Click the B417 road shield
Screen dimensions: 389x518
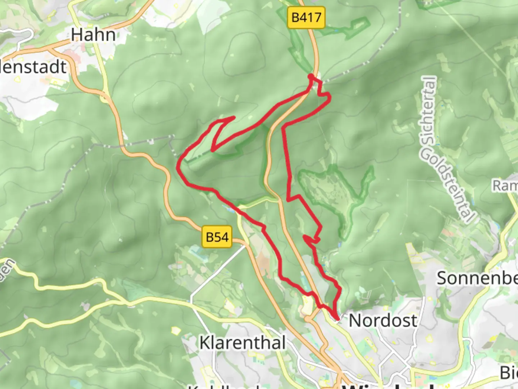306,17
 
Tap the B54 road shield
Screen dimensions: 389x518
217,237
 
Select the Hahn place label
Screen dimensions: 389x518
93,35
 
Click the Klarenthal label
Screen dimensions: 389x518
243,343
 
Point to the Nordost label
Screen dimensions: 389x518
383,321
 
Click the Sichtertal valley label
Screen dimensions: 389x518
430,110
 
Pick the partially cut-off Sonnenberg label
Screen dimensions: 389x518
477,278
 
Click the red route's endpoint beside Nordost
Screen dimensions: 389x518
337,318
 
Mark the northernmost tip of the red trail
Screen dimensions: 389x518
310,76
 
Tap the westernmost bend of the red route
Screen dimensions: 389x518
178,167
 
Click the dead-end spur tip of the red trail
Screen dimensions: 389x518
234,117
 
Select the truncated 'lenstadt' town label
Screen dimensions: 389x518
33,67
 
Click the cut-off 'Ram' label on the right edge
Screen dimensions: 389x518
505,186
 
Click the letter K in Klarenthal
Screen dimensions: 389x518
205,343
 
